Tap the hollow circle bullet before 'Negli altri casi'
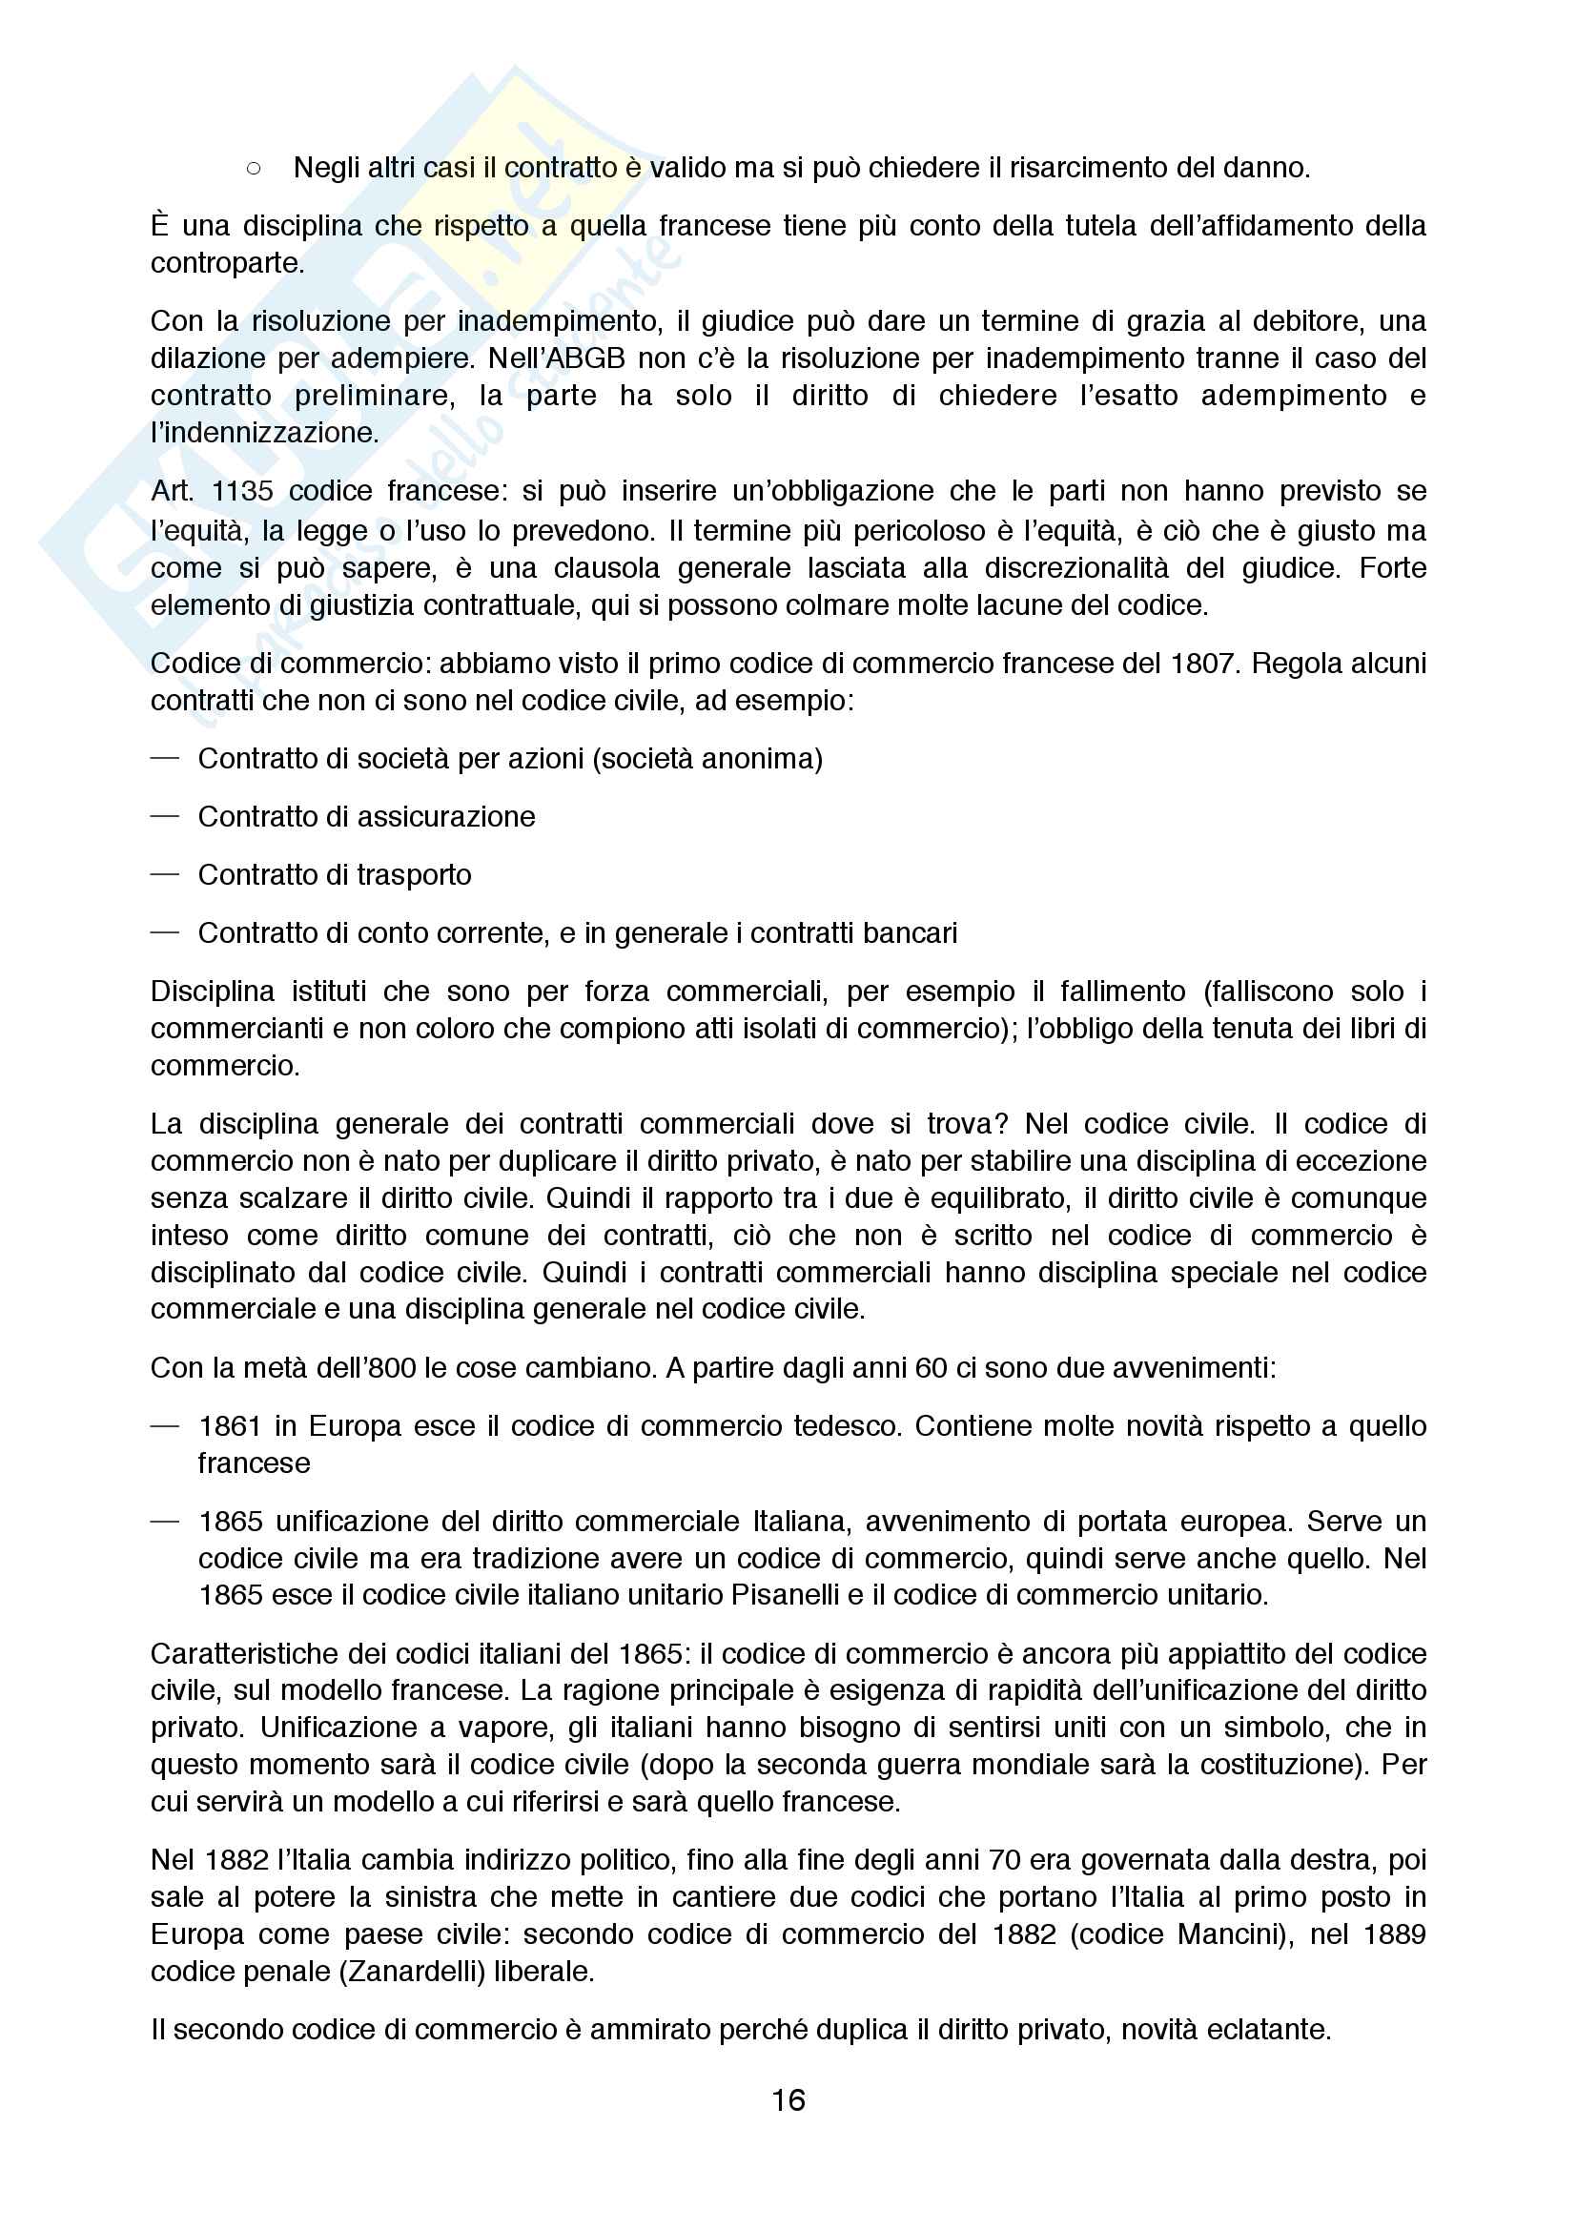[x=254, y=169]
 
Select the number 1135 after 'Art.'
[x=242, y=490]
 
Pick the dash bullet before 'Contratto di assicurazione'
[x=165, y=816]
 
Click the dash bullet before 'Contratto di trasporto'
[x=165, y=874]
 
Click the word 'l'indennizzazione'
[x=264, y=432]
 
